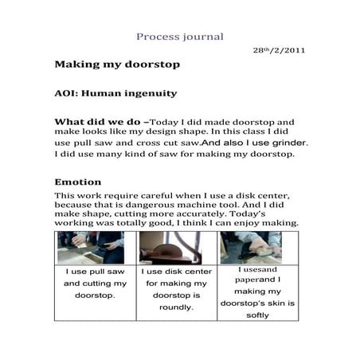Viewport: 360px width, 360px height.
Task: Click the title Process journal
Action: coord(179,37)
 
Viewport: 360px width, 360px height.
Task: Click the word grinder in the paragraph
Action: coord(288,143)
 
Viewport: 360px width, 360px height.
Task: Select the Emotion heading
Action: coord(77,182)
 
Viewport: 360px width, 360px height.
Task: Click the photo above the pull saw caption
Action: coord(90,248)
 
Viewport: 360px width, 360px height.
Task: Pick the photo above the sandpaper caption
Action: coord(250,248)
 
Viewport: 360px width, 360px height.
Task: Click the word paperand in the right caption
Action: coord(240,280)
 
